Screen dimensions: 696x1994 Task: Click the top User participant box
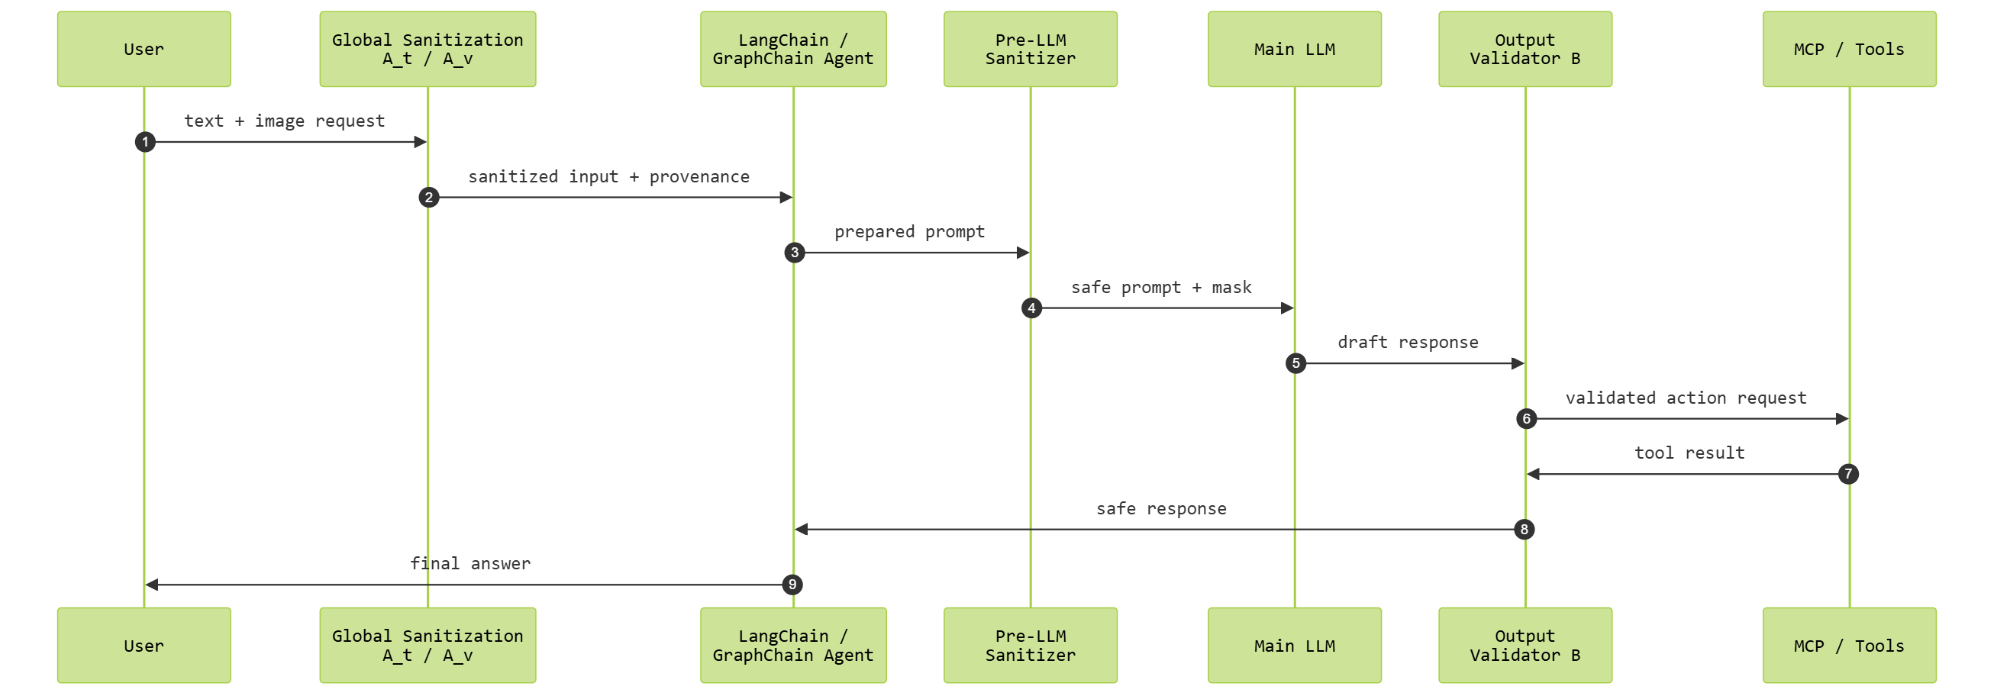pos(144,49)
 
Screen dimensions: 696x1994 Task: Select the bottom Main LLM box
pos(1294,645)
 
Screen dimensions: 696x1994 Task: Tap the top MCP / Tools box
pos(1848,49)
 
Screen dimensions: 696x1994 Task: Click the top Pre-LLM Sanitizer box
pos(1031,49)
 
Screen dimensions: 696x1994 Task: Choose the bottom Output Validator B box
pos(1525,645)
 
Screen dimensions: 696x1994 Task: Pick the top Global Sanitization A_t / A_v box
pos(428,49)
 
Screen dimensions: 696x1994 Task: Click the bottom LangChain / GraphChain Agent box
pos(792,645)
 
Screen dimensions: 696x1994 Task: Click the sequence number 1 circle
pos(145,142)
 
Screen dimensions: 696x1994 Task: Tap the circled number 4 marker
pos(1031,308)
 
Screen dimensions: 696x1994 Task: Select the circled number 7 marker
pos(1847,474)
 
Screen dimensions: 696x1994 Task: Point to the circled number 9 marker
pos(792,585)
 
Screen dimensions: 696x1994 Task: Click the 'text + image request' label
pos(284,121)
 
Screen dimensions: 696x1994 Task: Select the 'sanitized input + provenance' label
pos(608,176)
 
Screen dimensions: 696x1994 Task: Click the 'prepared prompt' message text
pos(909,231)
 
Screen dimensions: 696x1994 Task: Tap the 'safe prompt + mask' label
pos(1161,287)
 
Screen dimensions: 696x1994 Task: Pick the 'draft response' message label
pos(1408,342)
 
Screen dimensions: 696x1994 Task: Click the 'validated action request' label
pos(1686,398)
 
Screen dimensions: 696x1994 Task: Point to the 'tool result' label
pos(1689,453)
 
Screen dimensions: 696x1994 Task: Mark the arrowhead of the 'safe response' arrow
pos(802,530)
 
